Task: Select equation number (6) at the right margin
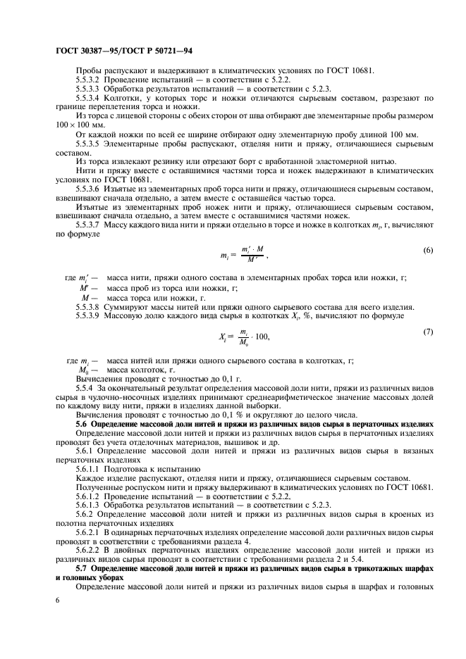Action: coord(427,251)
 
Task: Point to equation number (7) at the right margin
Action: coord(427,330)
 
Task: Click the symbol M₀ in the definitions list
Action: coord(86,370)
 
